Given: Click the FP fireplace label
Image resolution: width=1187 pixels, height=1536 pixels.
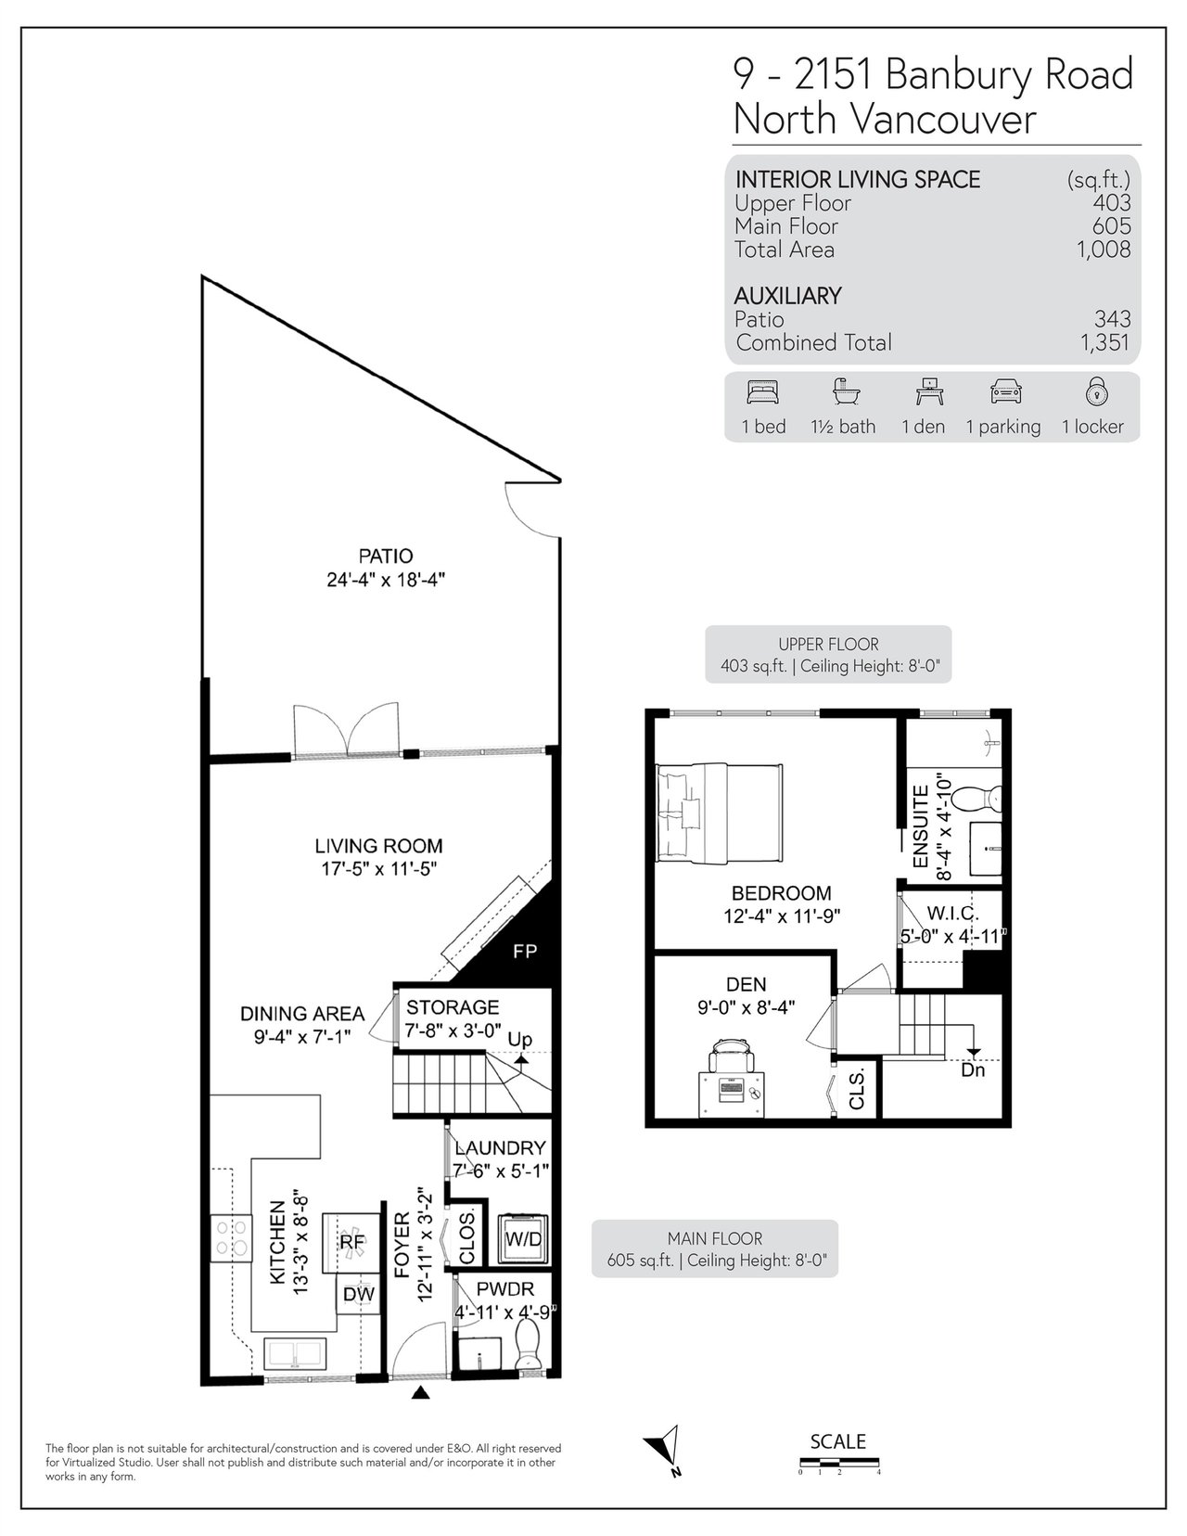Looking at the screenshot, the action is (525, 952).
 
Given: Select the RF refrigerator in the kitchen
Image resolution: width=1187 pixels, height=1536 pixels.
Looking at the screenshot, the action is (351, 1243).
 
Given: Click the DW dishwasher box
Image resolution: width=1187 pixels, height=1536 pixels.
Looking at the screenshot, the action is (359, 1294).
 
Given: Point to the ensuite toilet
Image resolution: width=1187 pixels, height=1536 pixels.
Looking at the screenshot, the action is (976, 799).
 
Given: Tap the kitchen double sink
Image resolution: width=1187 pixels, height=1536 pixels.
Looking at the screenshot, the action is (295, 1354).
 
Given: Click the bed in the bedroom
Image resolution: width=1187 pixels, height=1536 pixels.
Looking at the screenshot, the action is (720, 813).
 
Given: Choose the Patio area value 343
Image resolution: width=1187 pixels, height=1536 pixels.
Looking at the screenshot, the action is (1113, 319).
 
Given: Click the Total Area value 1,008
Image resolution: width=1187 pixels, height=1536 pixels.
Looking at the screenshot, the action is (1104, 250).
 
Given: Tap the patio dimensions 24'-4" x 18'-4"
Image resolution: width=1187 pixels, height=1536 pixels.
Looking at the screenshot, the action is (386, 580).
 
